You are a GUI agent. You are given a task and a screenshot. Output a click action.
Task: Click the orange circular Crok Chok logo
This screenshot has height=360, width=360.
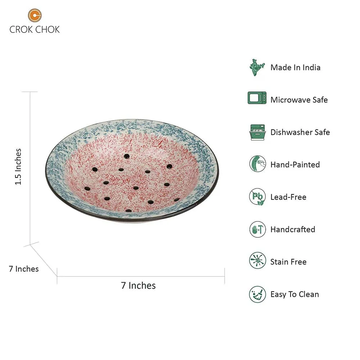35,15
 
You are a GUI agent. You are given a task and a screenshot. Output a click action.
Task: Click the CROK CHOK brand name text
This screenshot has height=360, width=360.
35,30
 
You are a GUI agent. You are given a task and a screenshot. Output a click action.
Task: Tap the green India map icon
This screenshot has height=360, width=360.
257,67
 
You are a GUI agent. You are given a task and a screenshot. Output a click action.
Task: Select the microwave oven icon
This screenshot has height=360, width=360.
257,98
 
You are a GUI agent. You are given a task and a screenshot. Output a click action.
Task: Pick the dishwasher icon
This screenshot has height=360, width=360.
258,132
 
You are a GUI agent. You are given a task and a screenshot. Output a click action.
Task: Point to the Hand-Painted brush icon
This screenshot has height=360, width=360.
258,164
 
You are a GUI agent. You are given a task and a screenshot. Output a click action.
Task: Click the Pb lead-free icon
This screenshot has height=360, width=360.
257,197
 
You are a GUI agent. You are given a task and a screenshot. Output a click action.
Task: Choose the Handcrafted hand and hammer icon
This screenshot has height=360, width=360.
258,229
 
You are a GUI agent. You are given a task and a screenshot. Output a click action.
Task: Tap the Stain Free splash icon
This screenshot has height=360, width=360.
258,261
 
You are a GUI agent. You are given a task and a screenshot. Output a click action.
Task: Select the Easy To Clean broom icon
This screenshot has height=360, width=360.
258,294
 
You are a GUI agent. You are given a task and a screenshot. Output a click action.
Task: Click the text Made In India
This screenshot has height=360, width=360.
296,68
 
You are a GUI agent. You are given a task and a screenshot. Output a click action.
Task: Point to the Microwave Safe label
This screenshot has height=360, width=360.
299,100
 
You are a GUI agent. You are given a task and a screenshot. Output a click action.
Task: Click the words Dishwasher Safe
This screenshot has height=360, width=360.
300,132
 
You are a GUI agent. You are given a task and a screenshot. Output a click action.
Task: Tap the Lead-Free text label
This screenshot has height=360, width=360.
288,197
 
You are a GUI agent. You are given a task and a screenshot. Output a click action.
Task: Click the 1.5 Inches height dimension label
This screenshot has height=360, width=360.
18,166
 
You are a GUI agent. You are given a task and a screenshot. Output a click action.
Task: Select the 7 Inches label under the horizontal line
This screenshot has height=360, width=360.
139,285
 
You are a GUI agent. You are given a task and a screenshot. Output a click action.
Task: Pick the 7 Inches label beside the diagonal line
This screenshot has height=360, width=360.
24,269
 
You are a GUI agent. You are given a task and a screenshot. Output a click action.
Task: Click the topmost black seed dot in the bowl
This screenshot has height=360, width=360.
126,156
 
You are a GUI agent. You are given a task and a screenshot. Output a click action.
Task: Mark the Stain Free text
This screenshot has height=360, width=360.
288,262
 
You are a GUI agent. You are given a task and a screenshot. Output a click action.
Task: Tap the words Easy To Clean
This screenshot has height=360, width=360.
295,294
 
